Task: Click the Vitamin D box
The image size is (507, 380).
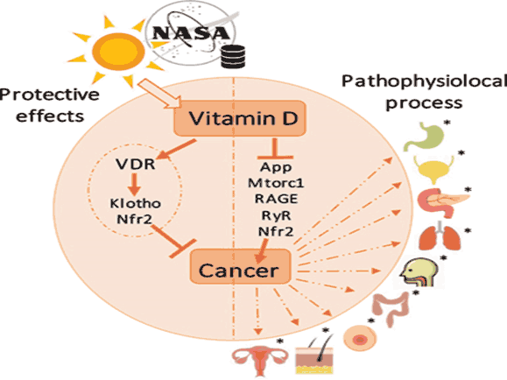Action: click(x=240, y=118)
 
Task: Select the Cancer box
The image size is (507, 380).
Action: click(x=240, y=267)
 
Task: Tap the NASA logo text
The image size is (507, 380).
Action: click(x=191, y=33)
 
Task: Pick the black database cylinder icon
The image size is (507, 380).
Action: click(x=233, y=57)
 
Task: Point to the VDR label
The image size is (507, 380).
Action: click(x=136, y=165)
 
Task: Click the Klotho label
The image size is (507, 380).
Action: click(x=135, y=203)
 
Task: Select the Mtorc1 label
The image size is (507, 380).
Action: click(x=276, y=183)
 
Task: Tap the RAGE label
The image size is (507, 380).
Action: click(x=276, y=199)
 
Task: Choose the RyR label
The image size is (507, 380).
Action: click(x=276, y=215)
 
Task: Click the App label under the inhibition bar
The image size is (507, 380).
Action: click(x=276, y=167)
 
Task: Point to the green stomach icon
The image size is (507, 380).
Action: click(x=424, y=137)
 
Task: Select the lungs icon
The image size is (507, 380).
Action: click(x=440, y=236)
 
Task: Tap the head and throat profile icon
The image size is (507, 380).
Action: click(x=419, y=272)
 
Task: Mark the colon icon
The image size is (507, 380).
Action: click(x=391, y=307)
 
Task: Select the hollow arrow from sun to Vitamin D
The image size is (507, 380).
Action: click(x=160, y=94)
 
